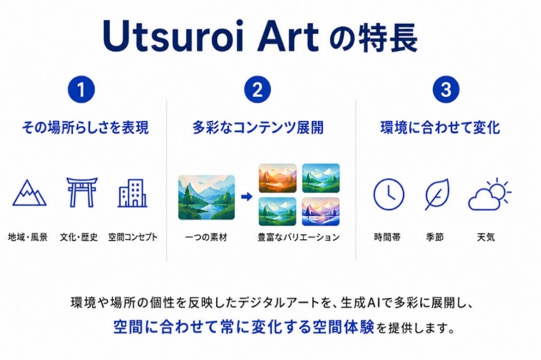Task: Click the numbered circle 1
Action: pos(81,90)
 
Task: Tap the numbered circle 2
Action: pos(257,90)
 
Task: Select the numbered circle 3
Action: pos(446,90)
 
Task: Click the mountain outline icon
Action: pos(30,193)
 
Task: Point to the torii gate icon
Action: pos(82,192)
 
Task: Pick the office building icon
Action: pos(133,193)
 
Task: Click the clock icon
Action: pos(389,194)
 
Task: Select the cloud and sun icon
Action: pos(490,194)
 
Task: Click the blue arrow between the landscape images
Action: pos(247,197)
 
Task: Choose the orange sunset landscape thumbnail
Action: pos(278,178)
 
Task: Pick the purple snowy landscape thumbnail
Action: pos(321,211)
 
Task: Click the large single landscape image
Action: pos(207,197)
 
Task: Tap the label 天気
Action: pos(486,237)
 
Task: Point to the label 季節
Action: pos(435,237)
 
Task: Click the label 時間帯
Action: pos(387,237)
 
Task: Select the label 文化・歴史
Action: pos(79,237)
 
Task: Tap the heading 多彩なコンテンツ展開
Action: pos(258,128)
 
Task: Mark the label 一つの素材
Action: pos(207,237)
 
